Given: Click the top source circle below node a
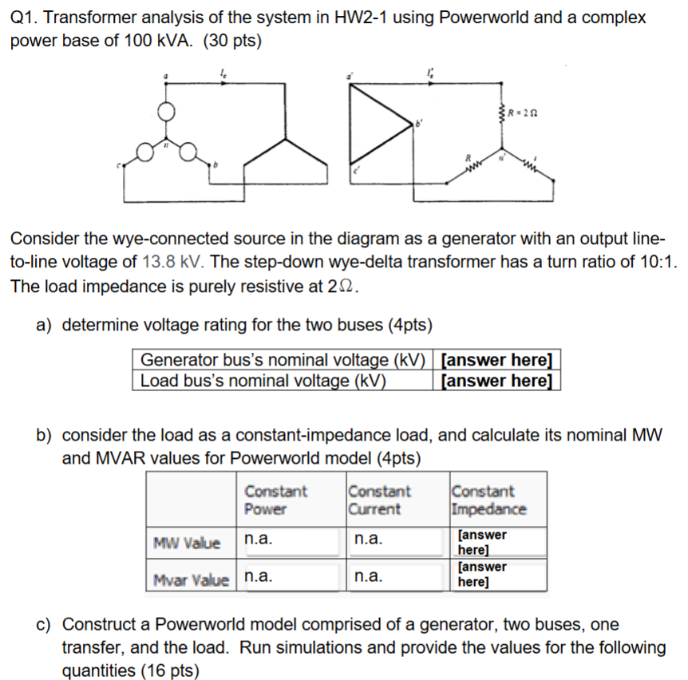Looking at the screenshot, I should pyautogui.click(x=165, y=113).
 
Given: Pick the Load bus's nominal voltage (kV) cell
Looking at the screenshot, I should pyautogui.click(x=263, y=380).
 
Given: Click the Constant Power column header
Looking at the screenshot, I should pyautogui.click(x=275, y=500).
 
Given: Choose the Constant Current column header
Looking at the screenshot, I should pyautogui.click(x=379, y=500).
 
